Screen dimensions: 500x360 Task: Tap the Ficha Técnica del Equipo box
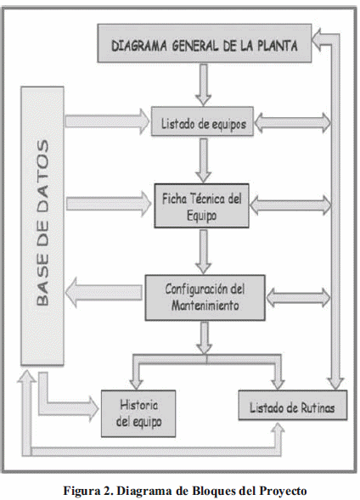pos(202,206)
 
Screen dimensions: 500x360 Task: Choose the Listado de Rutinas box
pos(292,408)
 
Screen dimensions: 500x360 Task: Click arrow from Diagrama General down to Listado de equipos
pos(203,84)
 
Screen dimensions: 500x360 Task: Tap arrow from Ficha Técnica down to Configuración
pos(203,250)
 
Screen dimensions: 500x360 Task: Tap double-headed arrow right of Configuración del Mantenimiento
pos(293,297)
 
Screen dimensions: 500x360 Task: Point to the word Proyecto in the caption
pos(282,490)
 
